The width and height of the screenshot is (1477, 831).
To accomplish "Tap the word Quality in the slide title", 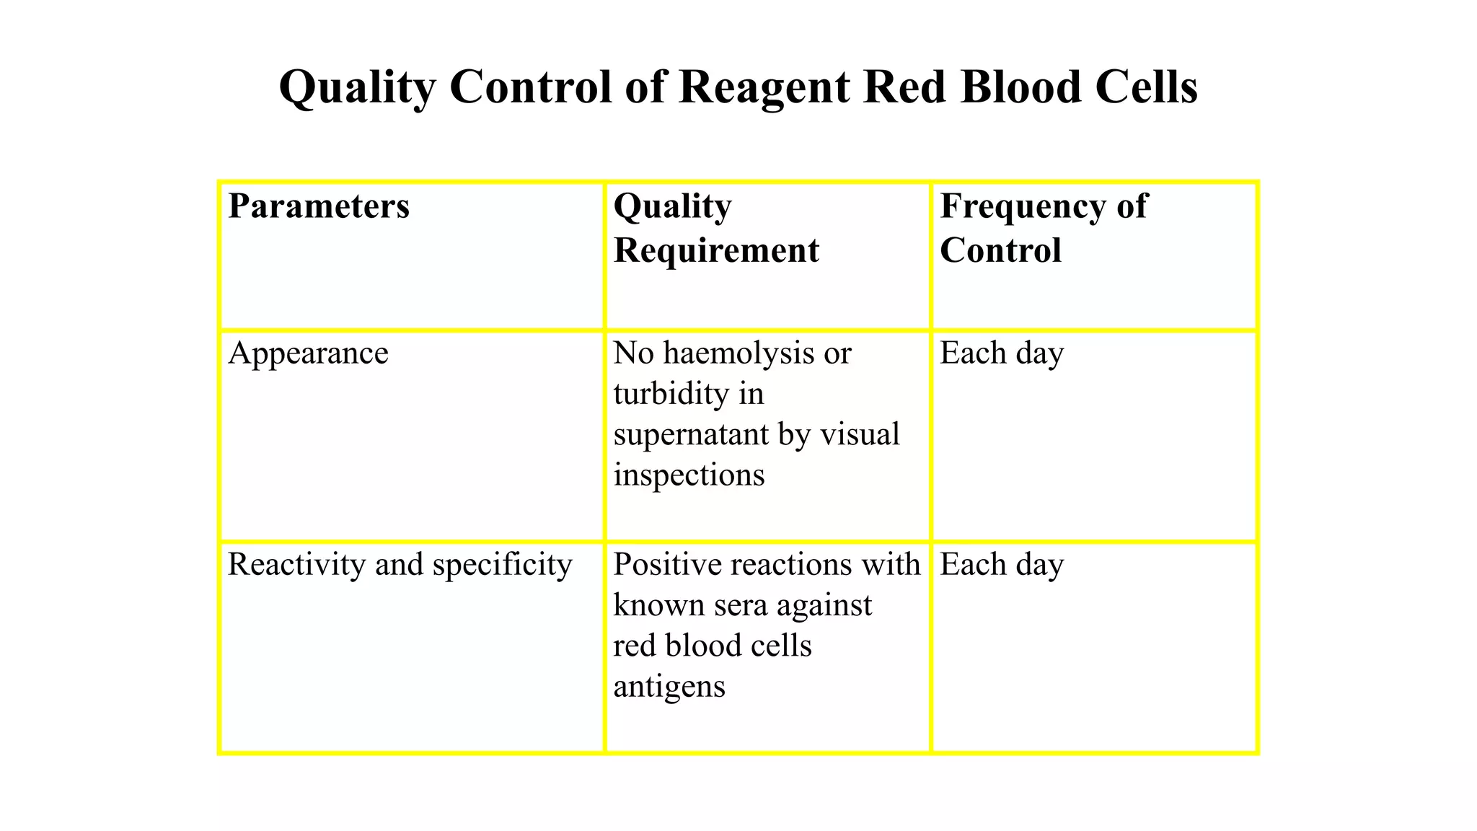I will (x=357, y=88).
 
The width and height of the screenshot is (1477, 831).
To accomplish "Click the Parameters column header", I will (x=319, y=206).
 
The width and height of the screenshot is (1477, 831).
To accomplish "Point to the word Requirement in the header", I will (x=716, y=251).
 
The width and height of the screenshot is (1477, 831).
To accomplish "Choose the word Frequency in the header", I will (x=1023, y=206).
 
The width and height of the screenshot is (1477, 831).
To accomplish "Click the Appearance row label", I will (x=308, y=353).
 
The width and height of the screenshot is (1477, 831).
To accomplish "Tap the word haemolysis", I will (x=740, y=353).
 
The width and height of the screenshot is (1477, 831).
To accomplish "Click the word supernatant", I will (x=691, y=435).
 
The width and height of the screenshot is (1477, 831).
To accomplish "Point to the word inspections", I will (x=689, y=475).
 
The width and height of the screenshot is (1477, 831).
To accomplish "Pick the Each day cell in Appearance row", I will (x=1002, y=353).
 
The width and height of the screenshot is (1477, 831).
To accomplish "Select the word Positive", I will (x=667, y=565).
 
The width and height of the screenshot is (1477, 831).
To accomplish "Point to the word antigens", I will (x=669, y=687).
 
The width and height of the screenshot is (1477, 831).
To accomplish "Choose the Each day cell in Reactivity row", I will (x=1002, y=565).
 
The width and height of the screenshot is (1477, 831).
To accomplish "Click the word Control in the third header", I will (x=1000, y=251).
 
